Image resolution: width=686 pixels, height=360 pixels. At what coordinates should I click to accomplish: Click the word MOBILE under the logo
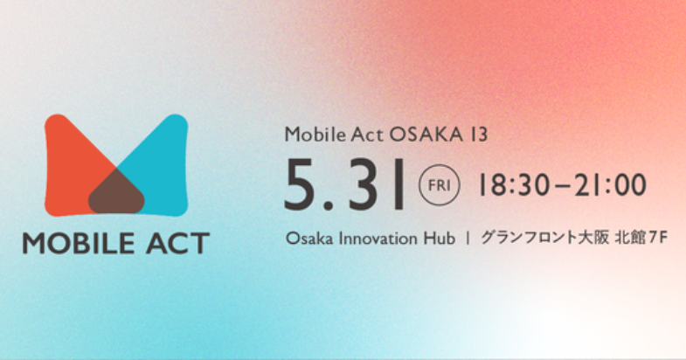(79, 243)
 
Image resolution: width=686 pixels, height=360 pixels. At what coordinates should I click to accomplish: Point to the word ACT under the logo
(177, 243)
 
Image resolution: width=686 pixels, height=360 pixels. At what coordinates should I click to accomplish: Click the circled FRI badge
(440, 185)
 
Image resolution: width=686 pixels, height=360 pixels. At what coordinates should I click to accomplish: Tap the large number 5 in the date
(301, 184)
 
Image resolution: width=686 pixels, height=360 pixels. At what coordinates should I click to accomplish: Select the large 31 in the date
(377, 184)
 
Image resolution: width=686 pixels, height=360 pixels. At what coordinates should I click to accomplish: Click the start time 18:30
(513, 184)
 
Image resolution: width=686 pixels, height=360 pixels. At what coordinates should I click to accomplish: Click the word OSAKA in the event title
(426, 135)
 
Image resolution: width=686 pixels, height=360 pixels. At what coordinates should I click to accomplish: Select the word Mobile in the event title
(315, 134)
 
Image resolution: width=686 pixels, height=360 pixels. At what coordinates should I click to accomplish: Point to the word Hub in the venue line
(439, 239)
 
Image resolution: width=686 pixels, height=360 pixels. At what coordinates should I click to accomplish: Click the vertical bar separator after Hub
(468, 239)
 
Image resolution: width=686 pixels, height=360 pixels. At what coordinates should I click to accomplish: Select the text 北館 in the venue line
(630, 238)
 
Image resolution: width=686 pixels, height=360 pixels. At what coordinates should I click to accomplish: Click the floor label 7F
(658, 238)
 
